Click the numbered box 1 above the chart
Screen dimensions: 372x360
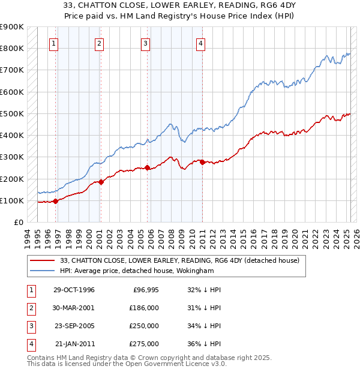pos(54,43)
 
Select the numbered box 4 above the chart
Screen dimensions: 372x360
pos(200,43)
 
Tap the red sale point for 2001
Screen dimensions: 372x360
pos(101,182)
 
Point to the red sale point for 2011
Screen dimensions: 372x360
pos(202,162)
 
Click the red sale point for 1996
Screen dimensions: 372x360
pos(56,201)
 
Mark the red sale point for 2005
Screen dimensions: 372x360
pos(148,168)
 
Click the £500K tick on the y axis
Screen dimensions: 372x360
pos(12,113)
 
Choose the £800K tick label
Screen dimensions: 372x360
pos(12,48)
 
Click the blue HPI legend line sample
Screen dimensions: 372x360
pos(43,271)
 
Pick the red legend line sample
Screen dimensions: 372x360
pos(43,260)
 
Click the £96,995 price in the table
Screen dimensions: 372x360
pos(145,290)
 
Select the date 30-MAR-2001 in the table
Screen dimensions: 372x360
pos(74,308)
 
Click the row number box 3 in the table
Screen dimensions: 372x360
pos(29,326)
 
